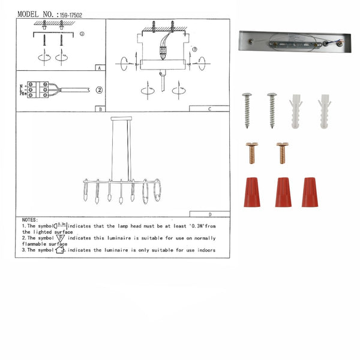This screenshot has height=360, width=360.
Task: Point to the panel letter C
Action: point(209,110)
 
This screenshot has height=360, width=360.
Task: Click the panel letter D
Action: point(209,214)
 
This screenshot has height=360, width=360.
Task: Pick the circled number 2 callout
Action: point(99,91)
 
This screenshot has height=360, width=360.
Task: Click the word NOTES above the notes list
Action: point(30,220)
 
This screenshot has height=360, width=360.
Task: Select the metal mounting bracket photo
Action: point(293,43)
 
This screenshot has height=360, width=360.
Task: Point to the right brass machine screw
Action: point(281,152)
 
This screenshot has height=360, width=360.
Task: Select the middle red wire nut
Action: point(283,192)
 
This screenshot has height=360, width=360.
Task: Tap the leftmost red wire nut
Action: point(251,192)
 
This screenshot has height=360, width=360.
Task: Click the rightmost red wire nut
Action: point(310,192)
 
